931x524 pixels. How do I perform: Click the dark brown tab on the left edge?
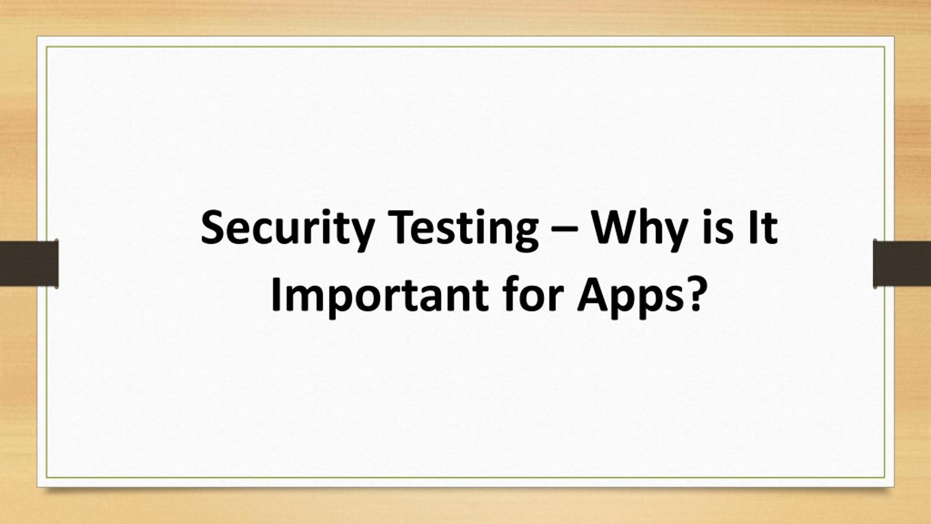[x=29, y=264]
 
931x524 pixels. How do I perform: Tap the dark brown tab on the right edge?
[x=902, y=264]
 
